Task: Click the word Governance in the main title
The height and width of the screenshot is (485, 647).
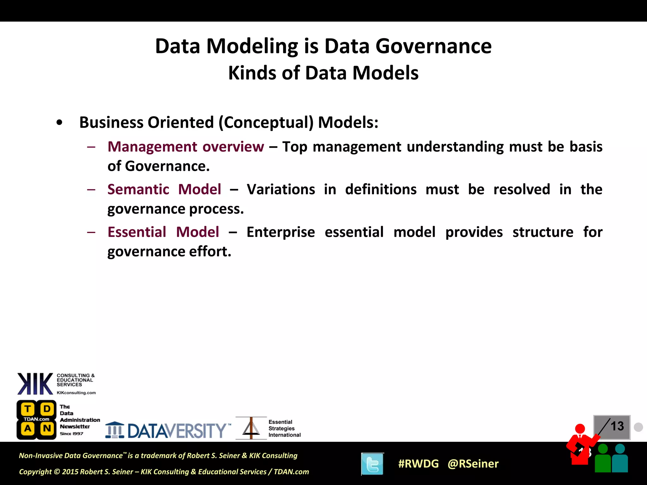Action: pos(433,46)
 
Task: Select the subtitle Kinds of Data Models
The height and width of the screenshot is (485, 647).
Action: pos(323,73)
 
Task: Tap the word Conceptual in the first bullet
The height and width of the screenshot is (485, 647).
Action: pos(266,123)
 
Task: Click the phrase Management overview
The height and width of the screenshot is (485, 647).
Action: pos(186,147)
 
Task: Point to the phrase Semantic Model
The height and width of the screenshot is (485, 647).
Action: pos(164,189)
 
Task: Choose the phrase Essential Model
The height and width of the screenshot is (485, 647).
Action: pos(163,232)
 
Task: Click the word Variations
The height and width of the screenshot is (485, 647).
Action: pos(281,189)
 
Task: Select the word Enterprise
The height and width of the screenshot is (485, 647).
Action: pos(281,232)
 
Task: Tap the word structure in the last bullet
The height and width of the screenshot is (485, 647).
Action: pos(543,232)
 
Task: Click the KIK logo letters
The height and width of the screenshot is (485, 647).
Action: pos(35,384)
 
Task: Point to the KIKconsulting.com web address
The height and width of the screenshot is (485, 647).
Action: pos(76,393)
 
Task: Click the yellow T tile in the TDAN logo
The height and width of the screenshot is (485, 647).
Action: pos(28,409)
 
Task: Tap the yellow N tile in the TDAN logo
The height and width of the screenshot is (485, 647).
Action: pos(47,428)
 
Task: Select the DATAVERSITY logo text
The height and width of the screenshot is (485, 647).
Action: pos(177,430)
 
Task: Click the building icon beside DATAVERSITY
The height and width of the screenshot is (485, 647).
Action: pos(115,430)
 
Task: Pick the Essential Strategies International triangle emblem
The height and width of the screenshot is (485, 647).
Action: pos(251,428)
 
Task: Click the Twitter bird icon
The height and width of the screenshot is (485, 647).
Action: pos(372,464)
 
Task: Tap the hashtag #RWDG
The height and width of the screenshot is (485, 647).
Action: pos(418,464)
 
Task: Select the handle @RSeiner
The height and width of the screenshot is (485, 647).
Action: pos(473,464)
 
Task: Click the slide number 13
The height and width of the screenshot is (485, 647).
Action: pos(617,426)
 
